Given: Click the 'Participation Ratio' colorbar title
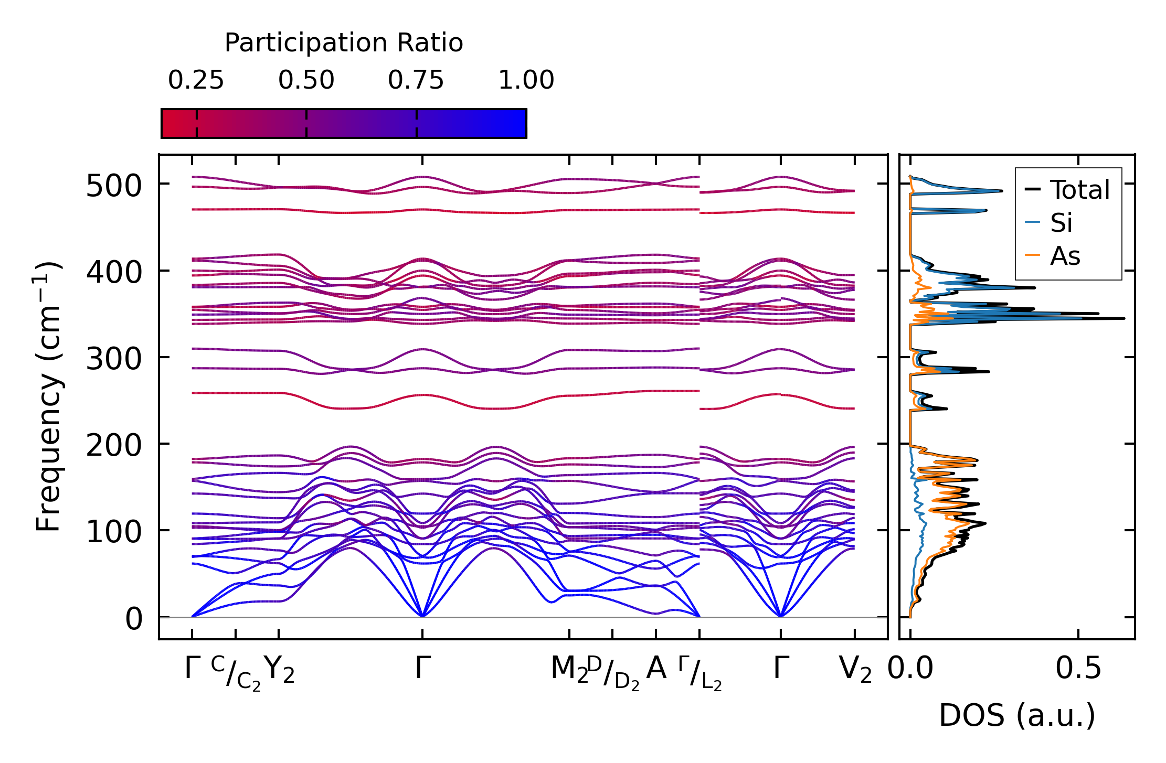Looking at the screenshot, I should [x=344, y=43].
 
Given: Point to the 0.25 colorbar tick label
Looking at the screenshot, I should [x=196, y=81].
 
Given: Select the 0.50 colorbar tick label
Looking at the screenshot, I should [x=306, y=81].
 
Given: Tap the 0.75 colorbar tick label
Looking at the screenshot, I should [x=416, y=81].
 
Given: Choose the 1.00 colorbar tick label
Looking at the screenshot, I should [x=526, y=81].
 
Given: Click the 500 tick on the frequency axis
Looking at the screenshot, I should [x=114, y=186].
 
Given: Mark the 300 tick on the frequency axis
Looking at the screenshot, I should [x=114, y=360].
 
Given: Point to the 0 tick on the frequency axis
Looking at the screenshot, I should [x=134, y=619].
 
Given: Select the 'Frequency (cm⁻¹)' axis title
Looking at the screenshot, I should [x=48, y=397].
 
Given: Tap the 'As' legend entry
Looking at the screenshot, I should [x=1065, y=256].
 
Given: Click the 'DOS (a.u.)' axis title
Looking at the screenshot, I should [x=1017, y=716].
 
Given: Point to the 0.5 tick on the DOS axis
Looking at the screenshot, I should [x=1078, y=669].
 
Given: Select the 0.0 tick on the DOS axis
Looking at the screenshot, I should [x=910, y=669].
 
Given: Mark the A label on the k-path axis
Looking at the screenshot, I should [x=656, y=669].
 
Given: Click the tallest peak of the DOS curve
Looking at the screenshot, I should [x=1123, y=318].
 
